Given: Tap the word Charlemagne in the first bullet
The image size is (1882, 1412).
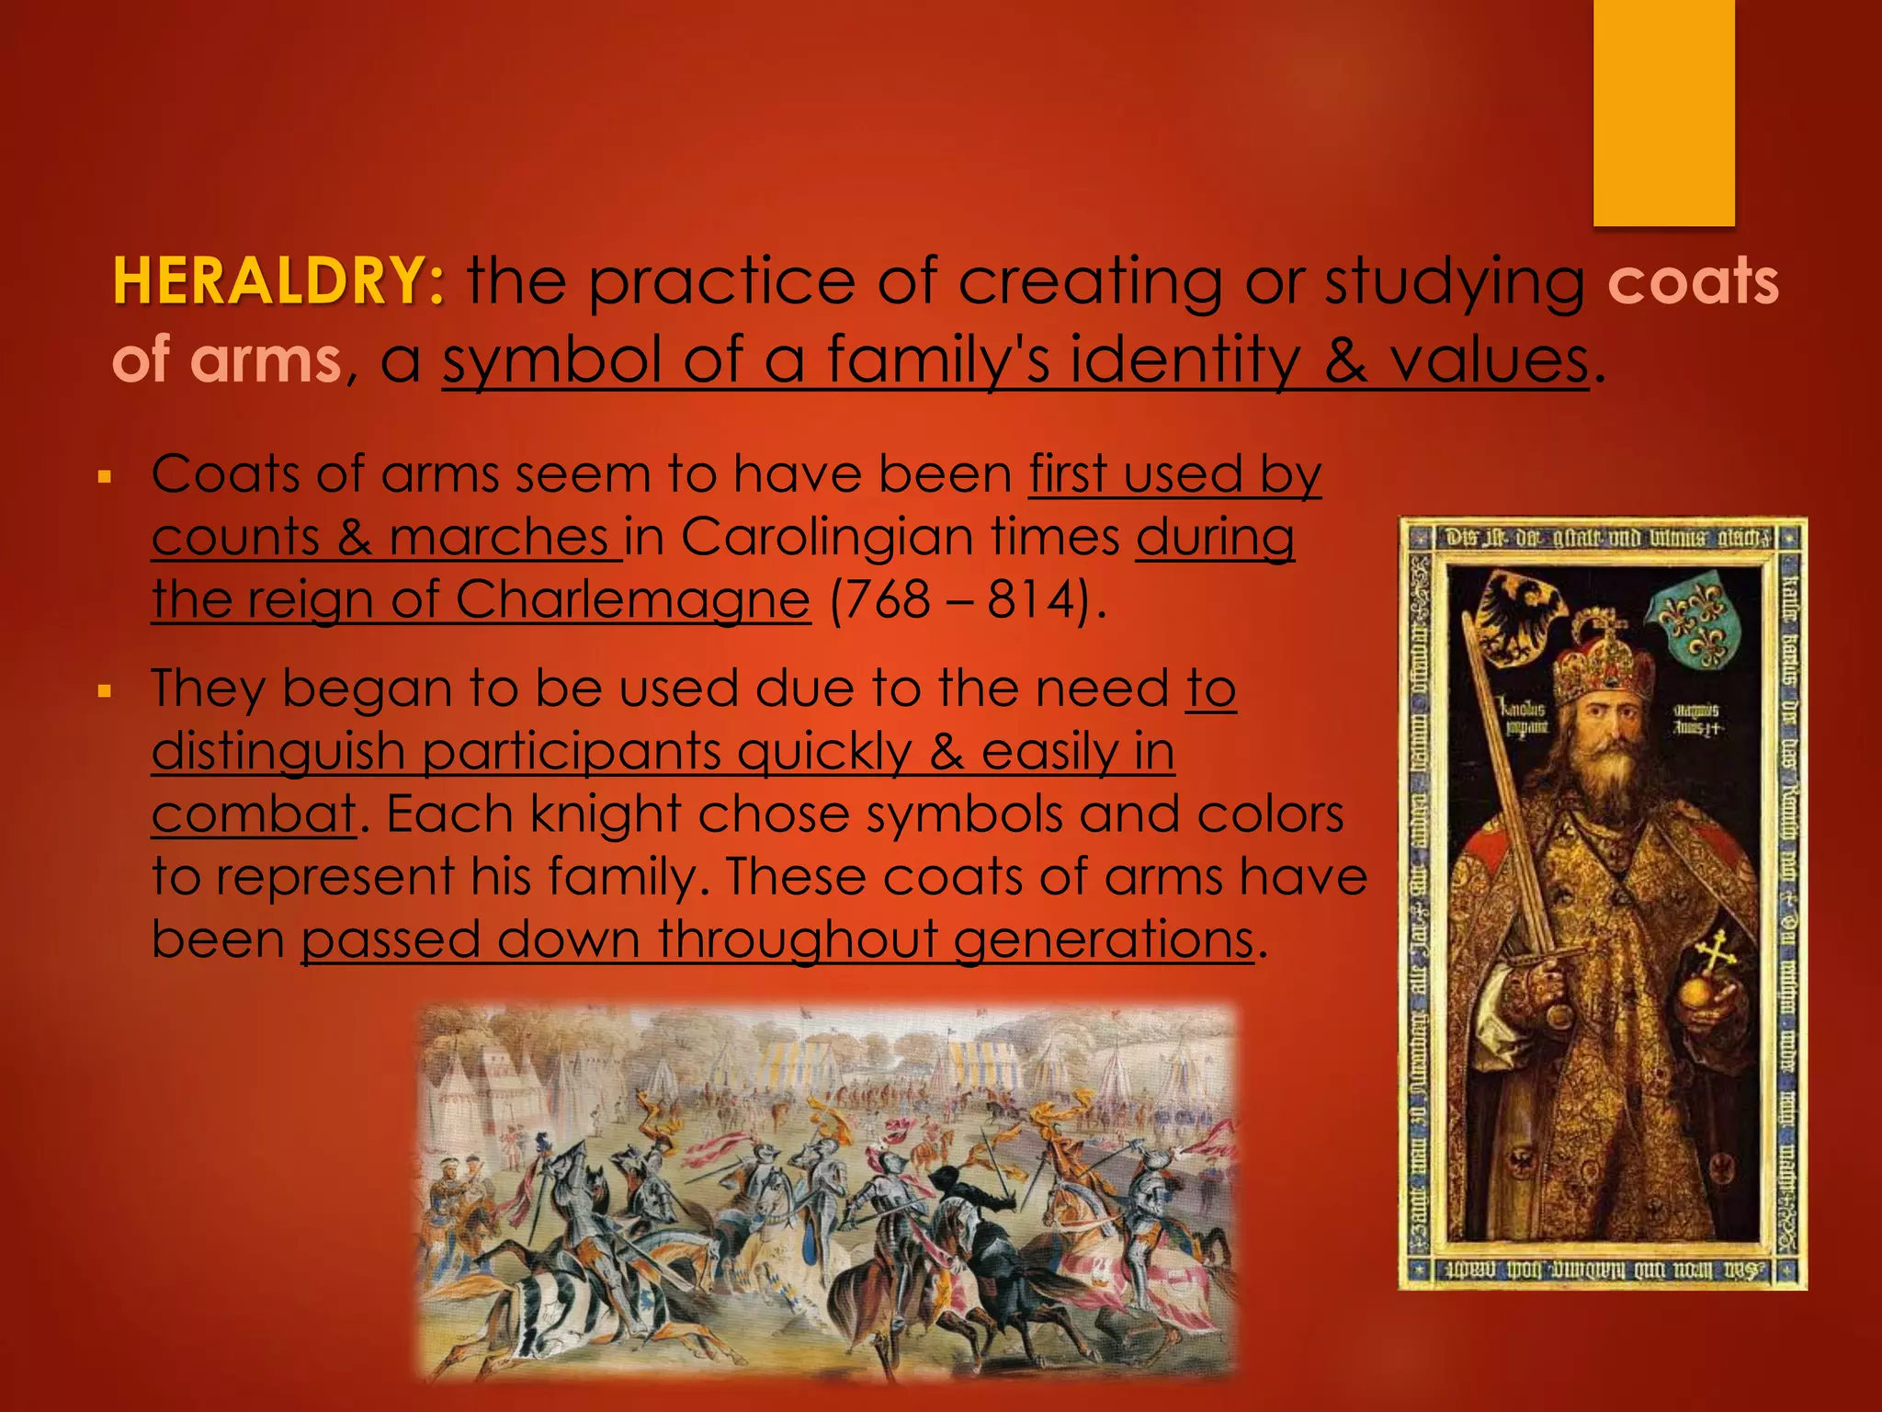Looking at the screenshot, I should [x=632, y=599].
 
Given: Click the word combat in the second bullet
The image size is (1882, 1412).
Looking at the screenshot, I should [x=253, y=814].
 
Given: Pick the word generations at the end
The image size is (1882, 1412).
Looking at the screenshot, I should [x=1103, y=939].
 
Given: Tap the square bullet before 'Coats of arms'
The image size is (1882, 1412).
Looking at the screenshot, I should [x=105, y=478].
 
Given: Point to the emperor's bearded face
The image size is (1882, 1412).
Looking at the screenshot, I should [x=1608, y=745].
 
